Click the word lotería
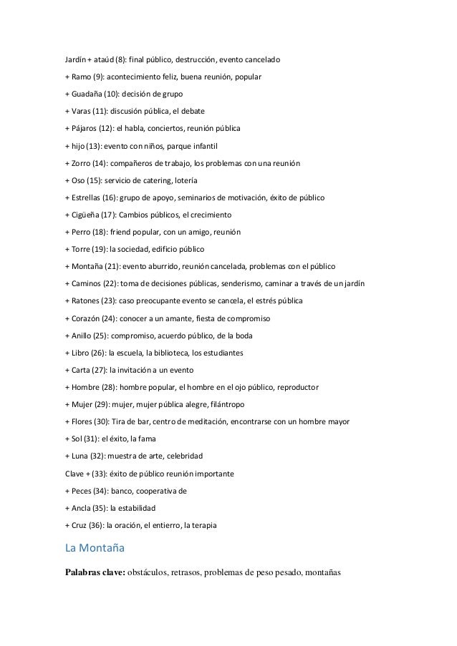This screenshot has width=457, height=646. pos(183,180)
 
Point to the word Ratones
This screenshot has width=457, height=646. pos(85,301)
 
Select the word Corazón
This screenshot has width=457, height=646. pos(86,318)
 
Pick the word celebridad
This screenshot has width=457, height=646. pos(181,456)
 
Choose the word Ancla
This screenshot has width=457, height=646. pos(80,508)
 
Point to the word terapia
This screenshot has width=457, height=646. pos(211,525)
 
